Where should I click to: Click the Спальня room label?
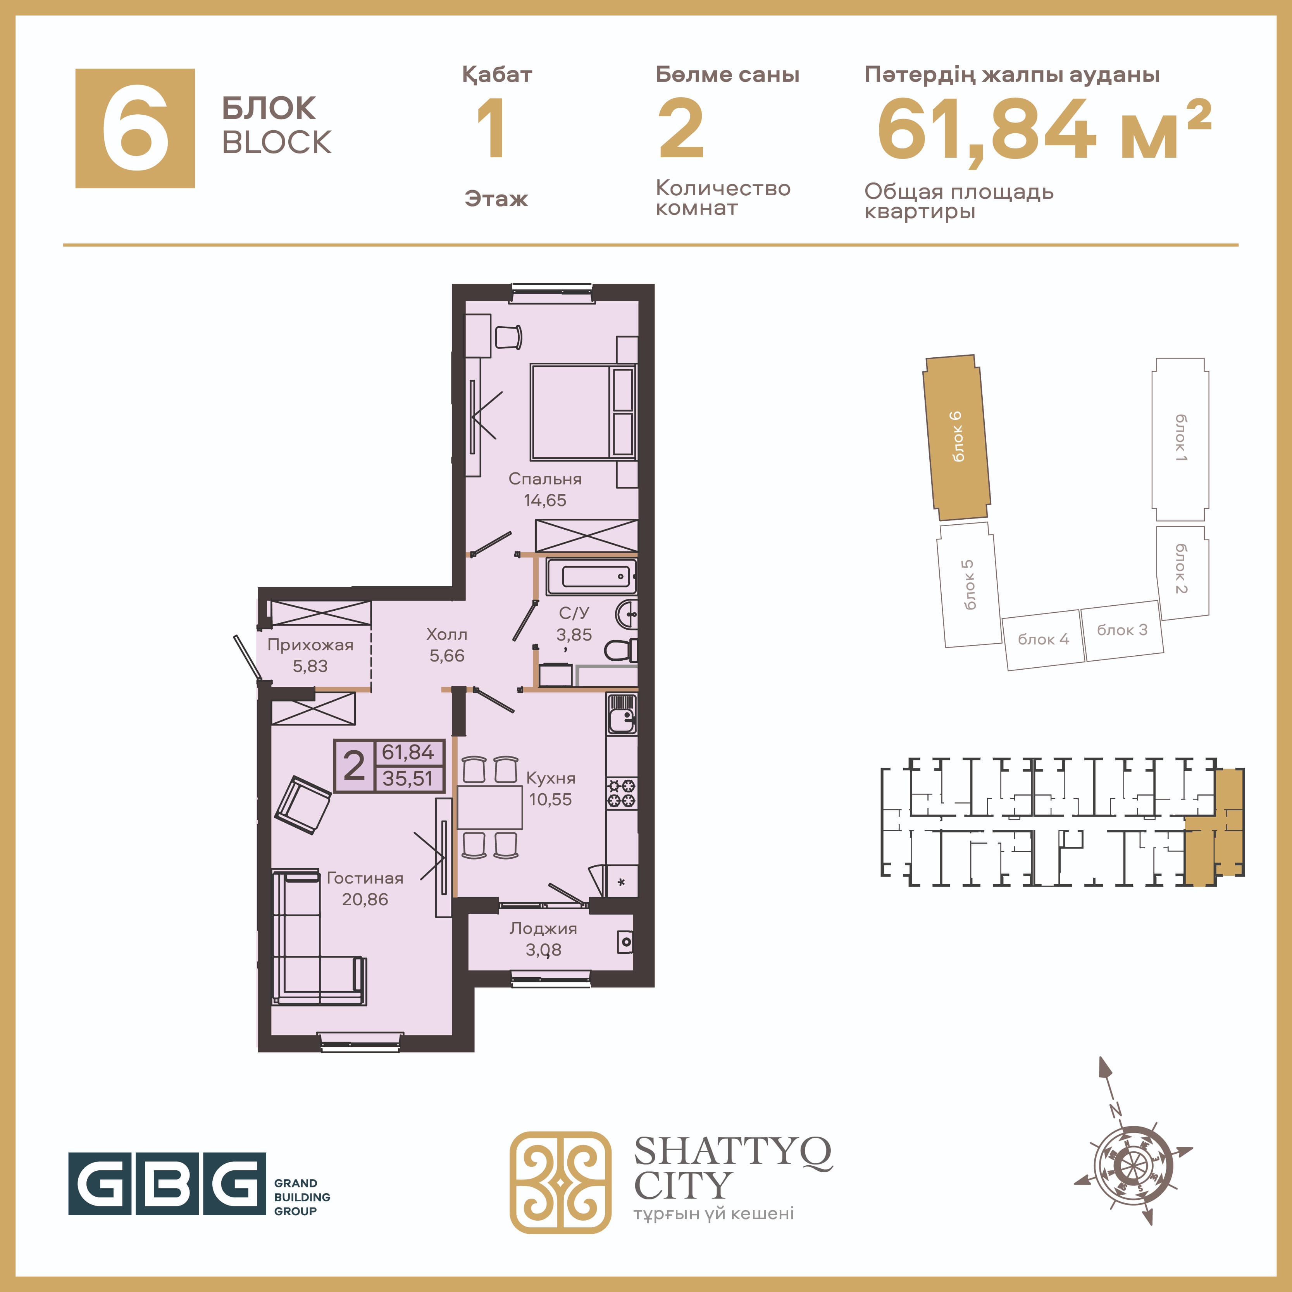click(x=545, y=479)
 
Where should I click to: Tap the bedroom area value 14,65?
click(x=545, y=500)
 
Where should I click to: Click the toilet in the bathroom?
click(x=620, y=650)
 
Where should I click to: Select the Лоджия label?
click(x=543, y=928)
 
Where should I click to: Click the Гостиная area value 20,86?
click(x=365, y=899)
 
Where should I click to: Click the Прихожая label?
click(x=310, y=645)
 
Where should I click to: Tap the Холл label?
click(x=447, y=634)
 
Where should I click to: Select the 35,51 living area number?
click(x=408, y=779)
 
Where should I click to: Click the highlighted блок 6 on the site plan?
click(x=957, y=438)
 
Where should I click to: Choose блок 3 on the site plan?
click(x=1122, y=630)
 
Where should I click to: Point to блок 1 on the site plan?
click(x=1180, y=439)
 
